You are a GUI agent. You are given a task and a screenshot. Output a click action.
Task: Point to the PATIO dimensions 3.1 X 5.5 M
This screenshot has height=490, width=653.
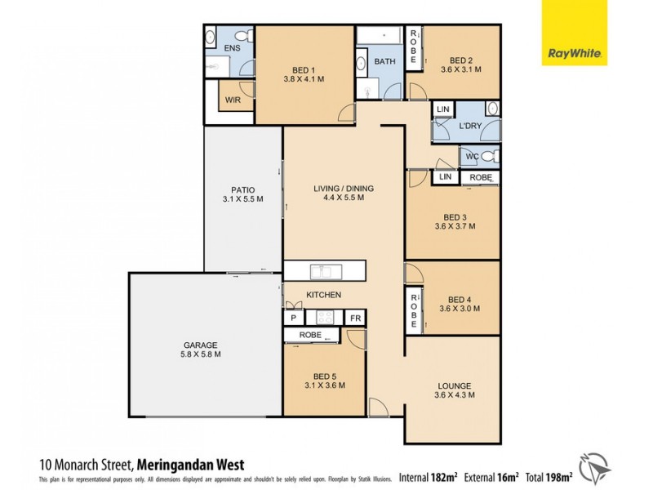coord(243,198)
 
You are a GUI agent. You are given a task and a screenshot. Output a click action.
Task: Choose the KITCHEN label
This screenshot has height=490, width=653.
coord(323,295)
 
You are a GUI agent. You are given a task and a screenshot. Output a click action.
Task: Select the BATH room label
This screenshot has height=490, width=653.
coord(384,61)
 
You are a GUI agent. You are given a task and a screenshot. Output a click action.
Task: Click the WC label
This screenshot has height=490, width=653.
coord(472,156)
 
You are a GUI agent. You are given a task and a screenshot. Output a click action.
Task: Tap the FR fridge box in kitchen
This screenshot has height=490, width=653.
coord(355,318)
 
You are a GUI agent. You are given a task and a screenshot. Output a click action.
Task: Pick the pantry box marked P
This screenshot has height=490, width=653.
coord(292,318)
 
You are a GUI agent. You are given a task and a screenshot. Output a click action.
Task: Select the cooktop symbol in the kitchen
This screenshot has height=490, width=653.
coord(324,318)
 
